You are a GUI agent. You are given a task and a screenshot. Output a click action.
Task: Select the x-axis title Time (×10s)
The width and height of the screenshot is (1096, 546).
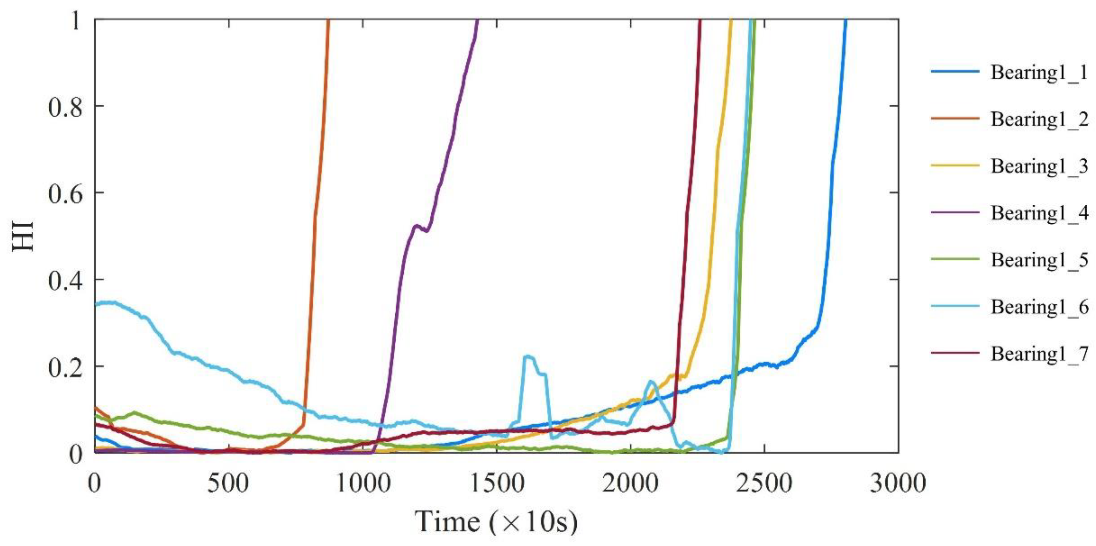click(x=496, y=521)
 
